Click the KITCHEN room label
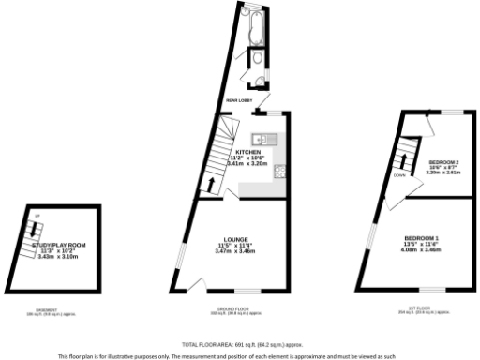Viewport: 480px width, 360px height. [247, 152]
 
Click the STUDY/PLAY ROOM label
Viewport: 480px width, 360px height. [58, 245]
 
